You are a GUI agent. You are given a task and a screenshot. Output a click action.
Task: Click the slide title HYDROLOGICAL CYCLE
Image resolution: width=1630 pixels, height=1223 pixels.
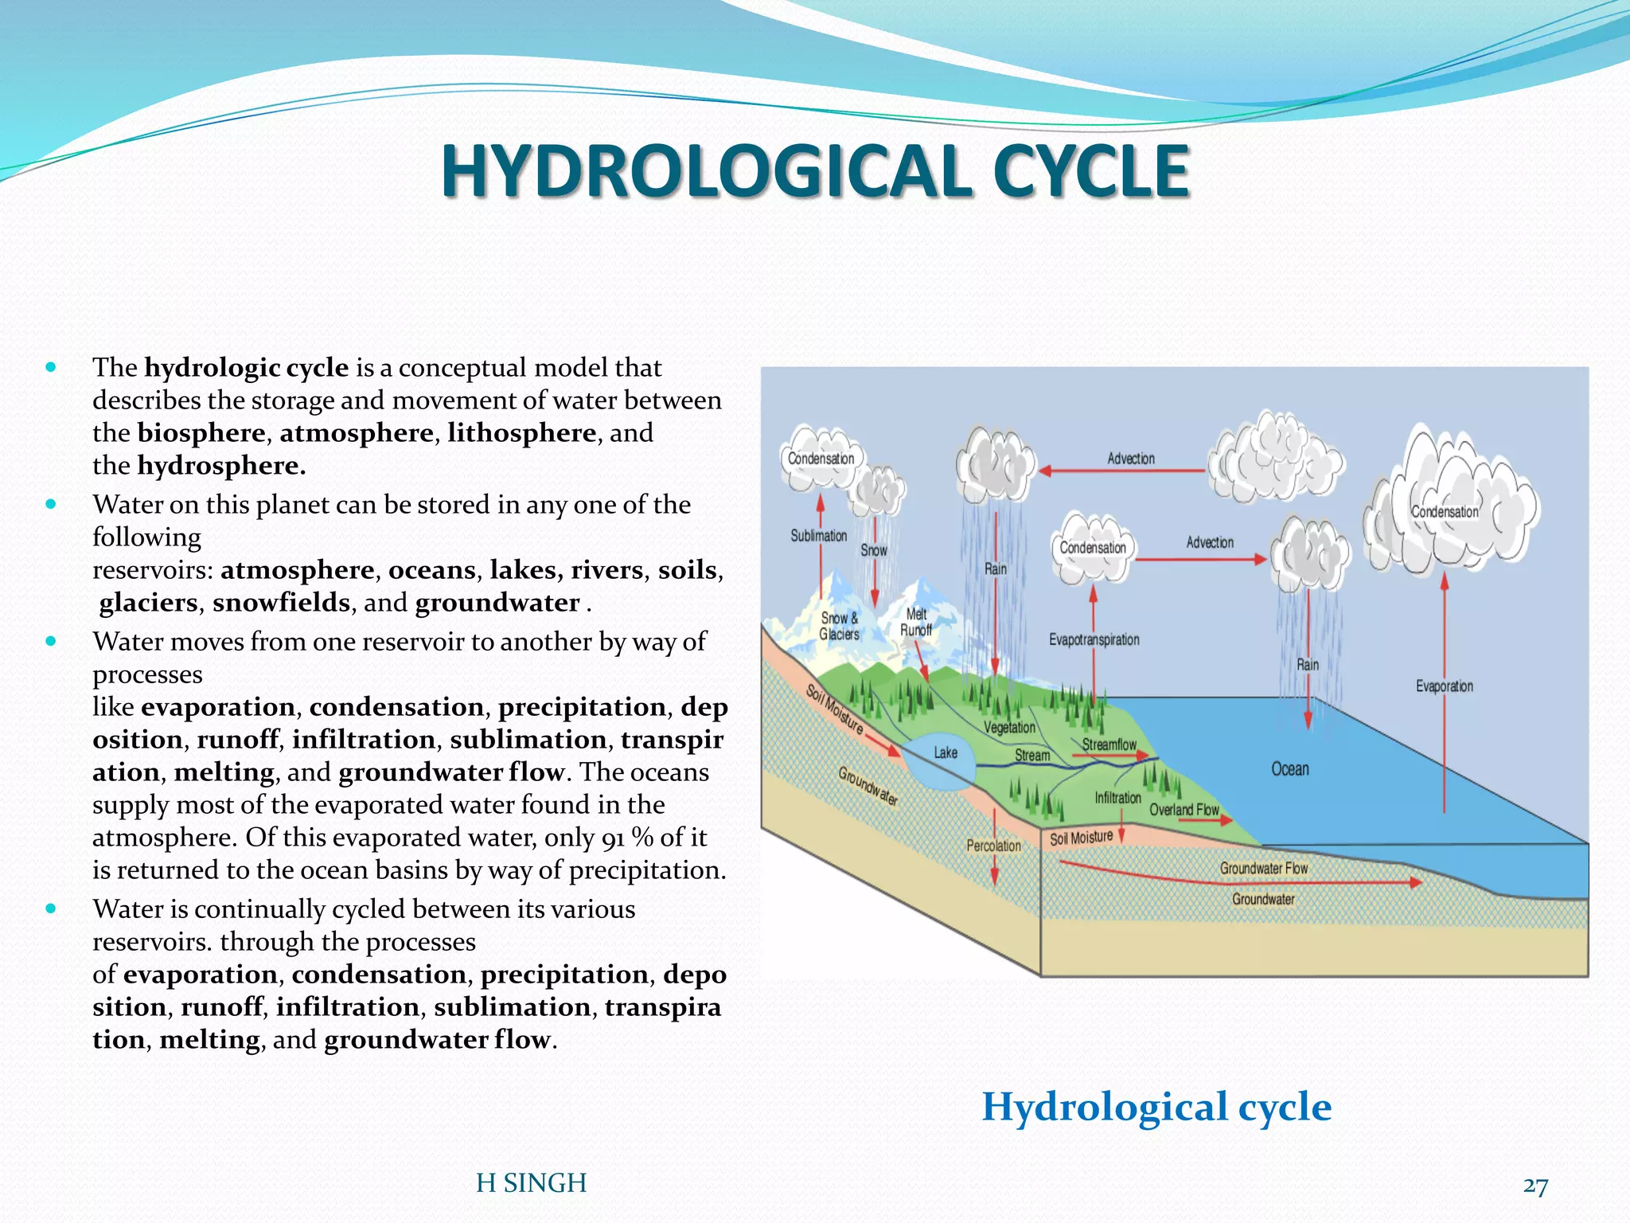click(x=815, y=171)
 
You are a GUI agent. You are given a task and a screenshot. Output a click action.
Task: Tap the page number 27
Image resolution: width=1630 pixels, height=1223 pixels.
click(x=1535, y=1186)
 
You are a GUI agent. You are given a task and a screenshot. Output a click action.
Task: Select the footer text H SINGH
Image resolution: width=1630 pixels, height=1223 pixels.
click(x=531, y=1183)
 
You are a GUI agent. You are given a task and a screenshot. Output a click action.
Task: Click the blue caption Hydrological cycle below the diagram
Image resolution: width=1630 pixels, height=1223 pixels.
click(x=1156, y=1106)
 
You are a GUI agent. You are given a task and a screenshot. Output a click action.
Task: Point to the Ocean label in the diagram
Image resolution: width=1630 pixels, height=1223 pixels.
click(x=1289, y=769)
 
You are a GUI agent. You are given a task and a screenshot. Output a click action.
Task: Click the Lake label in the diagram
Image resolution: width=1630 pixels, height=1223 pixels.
click(x=946, y=752)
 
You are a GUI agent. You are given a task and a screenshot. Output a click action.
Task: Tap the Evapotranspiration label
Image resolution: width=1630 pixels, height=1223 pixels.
click(x=1094, y=639)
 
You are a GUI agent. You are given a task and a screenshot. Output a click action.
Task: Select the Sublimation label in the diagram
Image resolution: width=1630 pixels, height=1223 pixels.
click(x=818, y=536)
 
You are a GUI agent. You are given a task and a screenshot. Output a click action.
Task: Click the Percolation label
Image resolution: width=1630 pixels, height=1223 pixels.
click(x=993, y=846)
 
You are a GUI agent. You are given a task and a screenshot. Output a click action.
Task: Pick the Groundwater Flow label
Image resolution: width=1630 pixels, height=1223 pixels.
click(x=1263, y=868)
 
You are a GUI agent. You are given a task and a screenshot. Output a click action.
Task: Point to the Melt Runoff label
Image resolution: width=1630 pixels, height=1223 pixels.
click(x=916, y=622)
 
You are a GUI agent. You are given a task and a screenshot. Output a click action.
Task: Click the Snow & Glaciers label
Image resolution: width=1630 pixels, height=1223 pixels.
click(x=840, y=626)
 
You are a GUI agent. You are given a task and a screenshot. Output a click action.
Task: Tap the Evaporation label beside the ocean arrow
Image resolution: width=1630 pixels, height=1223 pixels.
click(x=1444, y=686)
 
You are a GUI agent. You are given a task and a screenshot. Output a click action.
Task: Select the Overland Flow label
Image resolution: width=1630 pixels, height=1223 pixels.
click(x=1184, y=810)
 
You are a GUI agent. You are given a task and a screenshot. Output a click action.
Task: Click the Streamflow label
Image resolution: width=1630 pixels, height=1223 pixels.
click(x=1109, y=744)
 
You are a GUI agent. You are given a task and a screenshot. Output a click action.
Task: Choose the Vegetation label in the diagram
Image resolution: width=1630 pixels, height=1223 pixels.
click(x=1009, y=727)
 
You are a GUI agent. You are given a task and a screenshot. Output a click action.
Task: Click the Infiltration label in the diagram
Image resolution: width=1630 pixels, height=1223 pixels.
click(x=1117, y=797)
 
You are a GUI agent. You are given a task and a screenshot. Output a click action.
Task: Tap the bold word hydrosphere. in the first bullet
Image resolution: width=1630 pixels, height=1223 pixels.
click(x=221, y=466)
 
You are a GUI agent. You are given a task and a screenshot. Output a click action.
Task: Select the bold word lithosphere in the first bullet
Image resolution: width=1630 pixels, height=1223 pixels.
click(x=521, y=433)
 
